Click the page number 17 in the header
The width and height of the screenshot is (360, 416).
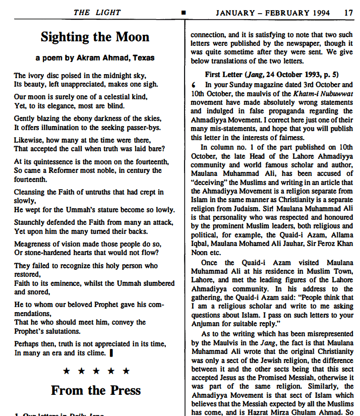349,13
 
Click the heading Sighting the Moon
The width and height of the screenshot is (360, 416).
95,37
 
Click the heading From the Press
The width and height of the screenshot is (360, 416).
96,390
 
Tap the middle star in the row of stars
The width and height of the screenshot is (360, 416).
96,371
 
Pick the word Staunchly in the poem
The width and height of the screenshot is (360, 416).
30,222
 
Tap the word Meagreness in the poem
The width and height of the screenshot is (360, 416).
33,244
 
